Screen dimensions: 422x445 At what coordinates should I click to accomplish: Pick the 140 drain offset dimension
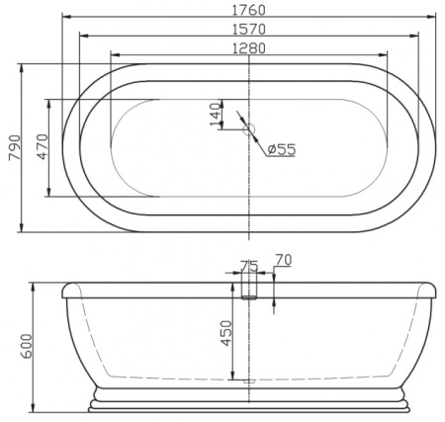(216, 115)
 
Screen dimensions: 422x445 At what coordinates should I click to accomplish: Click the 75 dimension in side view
(249, 266)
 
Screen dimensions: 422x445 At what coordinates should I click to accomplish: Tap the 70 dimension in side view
(283, 260)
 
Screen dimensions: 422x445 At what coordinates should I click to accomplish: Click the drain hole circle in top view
(249, 129)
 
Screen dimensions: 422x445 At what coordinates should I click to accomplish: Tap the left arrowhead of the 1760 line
(65, 18)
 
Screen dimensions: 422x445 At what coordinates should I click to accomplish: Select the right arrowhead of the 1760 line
(433, 18)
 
